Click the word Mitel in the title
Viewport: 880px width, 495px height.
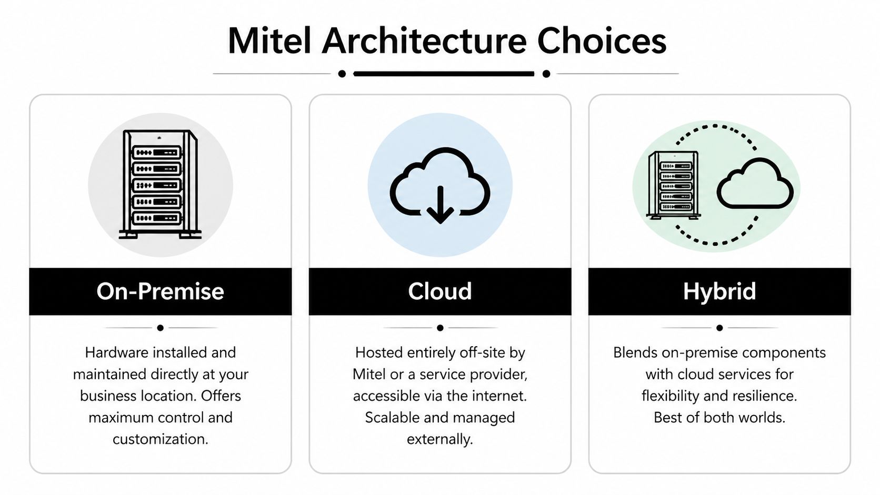click(x=269, y=41)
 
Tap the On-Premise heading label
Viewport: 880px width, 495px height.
click(x=160, y=291)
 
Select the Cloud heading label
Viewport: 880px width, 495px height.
click(x=439, y=291)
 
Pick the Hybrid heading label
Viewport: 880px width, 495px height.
click(x=719, y=291)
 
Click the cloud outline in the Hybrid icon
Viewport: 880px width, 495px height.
click(x=755, y=184)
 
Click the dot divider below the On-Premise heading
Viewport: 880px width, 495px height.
click(x=160, y=328)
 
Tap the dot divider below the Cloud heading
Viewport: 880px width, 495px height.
click(x=440, y=328)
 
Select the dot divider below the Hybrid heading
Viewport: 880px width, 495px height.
click(x=719, y=328)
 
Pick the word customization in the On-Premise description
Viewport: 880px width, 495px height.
click(x=160, y=439)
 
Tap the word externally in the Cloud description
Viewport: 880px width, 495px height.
click(x=439, y=439)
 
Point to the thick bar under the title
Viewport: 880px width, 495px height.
click(x=444, y=74)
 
